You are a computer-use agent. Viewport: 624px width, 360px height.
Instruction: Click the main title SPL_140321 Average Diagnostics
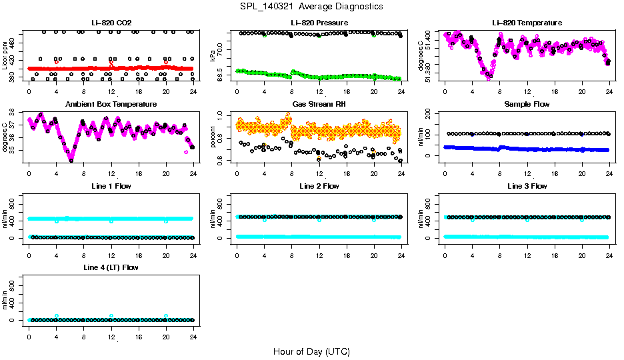[312, 6]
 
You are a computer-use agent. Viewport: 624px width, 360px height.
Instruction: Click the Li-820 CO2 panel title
[111, 23]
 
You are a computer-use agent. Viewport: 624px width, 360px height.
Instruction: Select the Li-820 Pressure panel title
[319, 23]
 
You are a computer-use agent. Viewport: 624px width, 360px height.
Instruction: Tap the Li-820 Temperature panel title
[527, 23]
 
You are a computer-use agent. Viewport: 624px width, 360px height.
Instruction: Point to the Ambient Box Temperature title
[111, 105]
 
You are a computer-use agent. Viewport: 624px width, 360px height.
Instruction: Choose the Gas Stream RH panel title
[319, 105]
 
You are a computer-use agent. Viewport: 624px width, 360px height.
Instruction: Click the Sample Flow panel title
[527, 105]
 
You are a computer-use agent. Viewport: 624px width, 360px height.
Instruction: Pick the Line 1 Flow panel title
[111, 186]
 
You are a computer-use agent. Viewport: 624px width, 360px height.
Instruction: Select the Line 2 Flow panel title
[319, 186]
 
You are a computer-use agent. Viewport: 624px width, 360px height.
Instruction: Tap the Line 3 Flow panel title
[527, 186]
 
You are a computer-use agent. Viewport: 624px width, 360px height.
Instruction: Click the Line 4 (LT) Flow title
[111, 267]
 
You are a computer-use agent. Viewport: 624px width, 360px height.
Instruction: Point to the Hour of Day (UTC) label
[311, 351]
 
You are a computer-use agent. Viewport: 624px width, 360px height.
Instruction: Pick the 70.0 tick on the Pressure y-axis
[223, 45]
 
